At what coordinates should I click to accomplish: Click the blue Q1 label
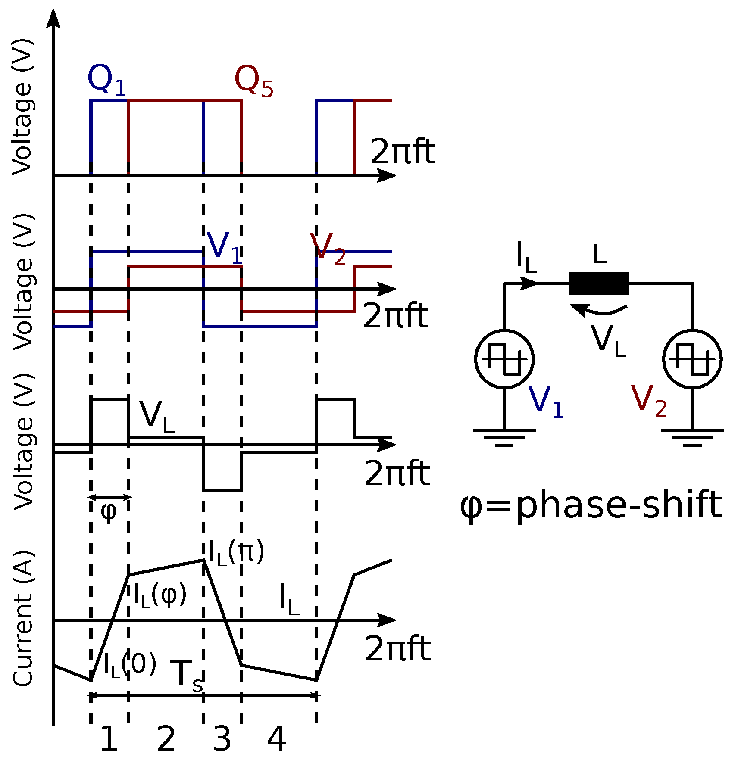106,81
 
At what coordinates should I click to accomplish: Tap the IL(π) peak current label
236,553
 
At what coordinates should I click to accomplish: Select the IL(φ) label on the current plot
160,596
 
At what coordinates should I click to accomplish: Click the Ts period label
186,675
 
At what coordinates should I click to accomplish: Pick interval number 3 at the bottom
222,739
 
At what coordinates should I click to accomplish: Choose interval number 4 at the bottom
276,739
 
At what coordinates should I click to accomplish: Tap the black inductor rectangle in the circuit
599,283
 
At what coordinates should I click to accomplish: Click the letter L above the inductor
600,255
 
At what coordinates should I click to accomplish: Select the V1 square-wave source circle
504,359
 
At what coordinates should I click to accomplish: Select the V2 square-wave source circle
692,359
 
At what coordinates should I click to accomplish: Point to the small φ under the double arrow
108,512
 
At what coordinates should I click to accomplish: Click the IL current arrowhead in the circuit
529,283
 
